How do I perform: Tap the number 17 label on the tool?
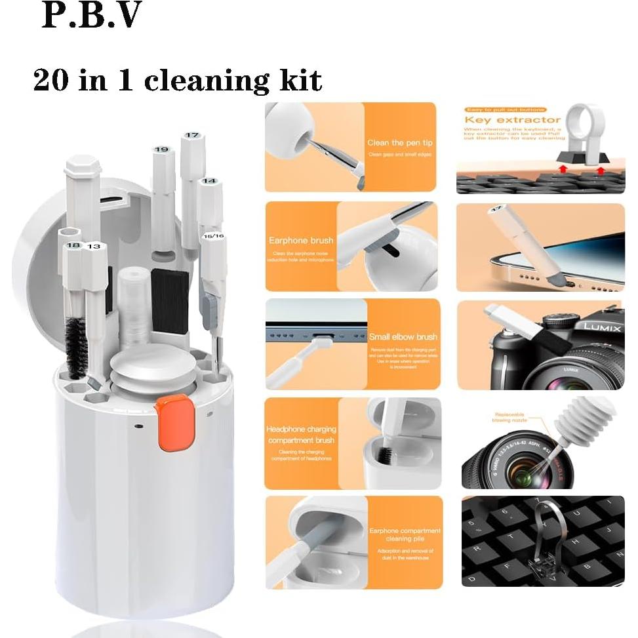(x=191, y=135)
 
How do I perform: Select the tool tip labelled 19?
(x=161, y=150)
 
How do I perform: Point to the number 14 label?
(x=209, y=180)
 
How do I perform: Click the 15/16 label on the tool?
(x=214, y=235)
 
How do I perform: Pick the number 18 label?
(x=73, y=246)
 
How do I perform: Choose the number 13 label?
(x=94, y=247)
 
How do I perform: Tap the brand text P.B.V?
(x=91, y=16)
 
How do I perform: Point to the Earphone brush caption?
(x=301, y=241)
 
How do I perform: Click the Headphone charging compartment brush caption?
(x=301, y=434)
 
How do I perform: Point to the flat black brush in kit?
(x=170, y=294)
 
